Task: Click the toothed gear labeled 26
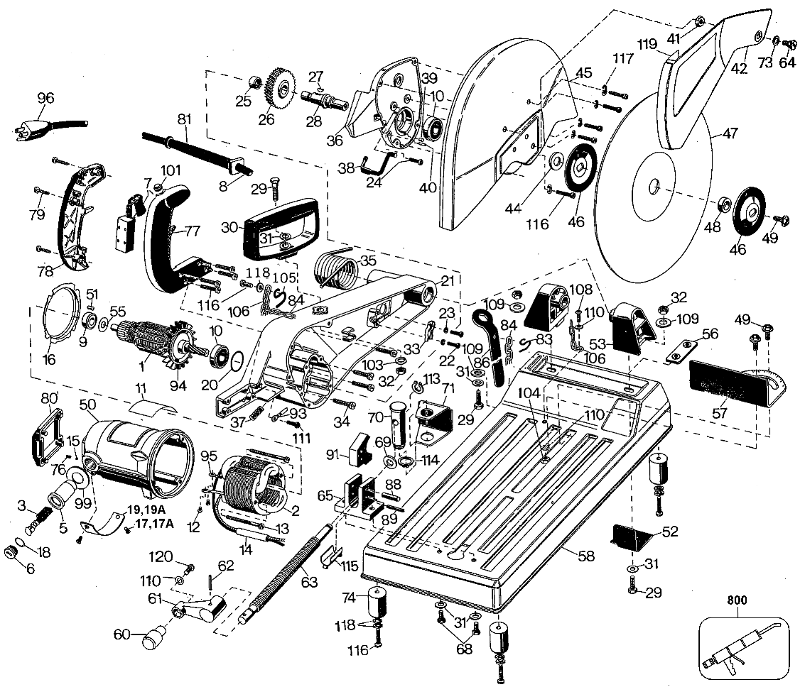(x=283, y=89)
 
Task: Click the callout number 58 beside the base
(x=585, y=556)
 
